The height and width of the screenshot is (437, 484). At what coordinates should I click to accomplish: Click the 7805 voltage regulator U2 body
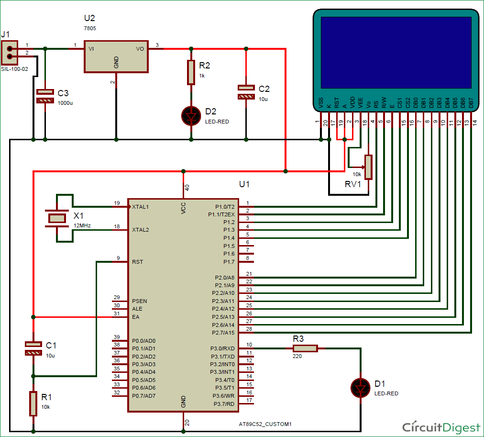tap(116, 56)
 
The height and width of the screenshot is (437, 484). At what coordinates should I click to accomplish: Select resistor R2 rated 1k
tap(191, 72)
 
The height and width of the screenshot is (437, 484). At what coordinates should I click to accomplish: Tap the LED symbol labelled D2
tap(191, 115)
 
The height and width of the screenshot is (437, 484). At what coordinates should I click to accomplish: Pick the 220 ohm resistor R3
tap(305, 349)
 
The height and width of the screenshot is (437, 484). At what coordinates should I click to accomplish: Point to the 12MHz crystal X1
tap(57, 218)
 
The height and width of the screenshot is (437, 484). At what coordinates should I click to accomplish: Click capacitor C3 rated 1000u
tap(45, 96)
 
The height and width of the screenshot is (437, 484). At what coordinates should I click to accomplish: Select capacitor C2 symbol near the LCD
tap(246, 92)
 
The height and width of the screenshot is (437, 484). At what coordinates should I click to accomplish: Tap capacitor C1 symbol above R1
tap(33, 348)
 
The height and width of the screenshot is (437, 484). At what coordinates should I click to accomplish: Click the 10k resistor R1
tap(33, 403)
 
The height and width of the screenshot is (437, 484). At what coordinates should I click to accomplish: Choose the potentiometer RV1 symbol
tap(368, 167)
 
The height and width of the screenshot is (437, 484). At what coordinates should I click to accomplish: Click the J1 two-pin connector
tap(9, 53)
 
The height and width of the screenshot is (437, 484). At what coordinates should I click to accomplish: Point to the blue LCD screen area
tap(396, 51)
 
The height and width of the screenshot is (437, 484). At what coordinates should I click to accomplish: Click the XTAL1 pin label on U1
tap(141, 207)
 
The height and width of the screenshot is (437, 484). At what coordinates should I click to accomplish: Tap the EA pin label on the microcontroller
tap(136, 317)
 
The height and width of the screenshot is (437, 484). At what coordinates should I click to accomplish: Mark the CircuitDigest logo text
tap(441, 427)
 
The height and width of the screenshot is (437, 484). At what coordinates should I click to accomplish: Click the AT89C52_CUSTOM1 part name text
tap(265, 424)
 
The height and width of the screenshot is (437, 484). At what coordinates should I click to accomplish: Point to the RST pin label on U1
tap(137, 262)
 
